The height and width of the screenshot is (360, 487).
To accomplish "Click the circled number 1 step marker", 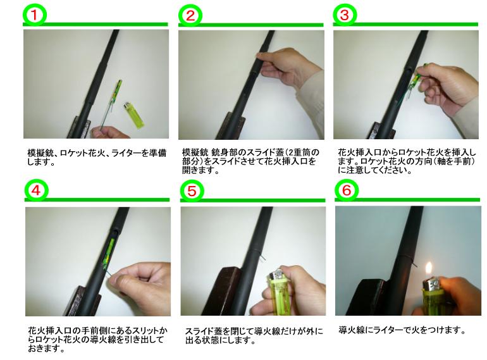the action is click(x=35, y=15).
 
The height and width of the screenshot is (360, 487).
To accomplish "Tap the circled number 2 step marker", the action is click(x=190, y=16).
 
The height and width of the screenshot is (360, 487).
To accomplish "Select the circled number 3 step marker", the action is click(x=345, y=15).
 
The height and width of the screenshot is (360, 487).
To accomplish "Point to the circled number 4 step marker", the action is click(x=36, y=190).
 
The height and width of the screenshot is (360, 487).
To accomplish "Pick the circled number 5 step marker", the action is click(x=192, y=190).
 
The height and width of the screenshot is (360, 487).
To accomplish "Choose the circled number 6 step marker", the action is click(x=347, y=190).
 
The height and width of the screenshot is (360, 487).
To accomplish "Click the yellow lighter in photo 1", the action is click(x=134, y=116).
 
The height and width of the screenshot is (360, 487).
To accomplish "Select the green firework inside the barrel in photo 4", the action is click(x=108, y=252).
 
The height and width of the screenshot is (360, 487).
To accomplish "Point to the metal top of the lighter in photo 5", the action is click(x=276, y=274).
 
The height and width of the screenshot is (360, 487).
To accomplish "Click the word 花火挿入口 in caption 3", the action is click(x=360, y=153).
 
